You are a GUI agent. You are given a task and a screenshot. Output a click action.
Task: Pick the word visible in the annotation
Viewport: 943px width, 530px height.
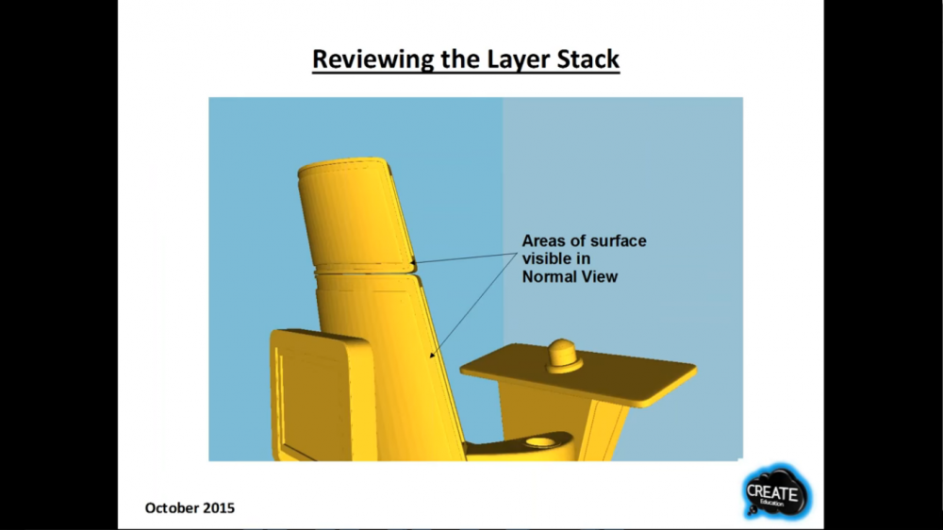[547, 258]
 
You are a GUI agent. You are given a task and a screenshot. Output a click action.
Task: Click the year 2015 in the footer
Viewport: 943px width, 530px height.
[219, 507]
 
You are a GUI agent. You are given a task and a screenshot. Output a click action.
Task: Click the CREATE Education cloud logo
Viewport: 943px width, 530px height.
[776, 492]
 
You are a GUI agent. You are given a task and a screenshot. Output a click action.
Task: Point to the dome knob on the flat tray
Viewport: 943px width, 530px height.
[564, 356]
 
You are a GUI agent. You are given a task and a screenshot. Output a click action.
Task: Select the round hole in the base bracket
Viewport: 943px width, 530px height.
[540, 443]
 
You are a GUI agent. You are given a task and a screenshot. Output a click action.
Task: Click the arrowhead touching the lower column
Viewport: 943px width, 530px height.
[433, 355]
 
